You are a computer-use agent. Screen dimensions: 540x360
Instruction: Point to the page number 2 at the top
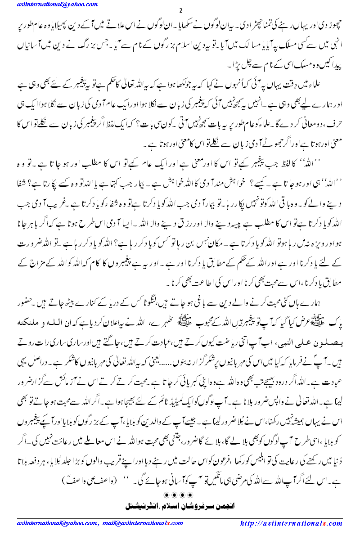(180, 10)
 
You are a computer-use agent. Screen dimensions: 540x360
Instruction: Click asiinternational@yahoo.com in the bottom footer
(56, 523)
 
